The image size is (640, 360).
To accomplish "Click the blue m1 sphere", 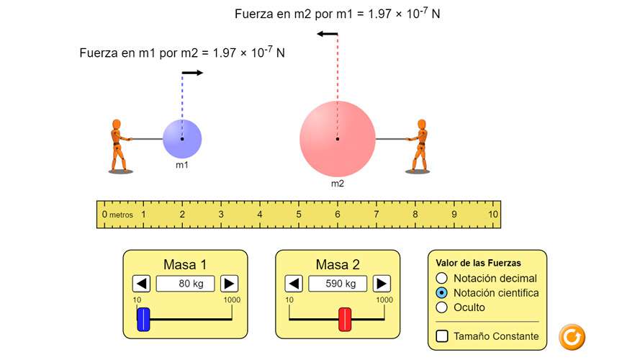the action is [x=182, y=139].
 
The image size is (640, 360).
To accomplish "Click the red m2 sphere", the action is [x=338, y=139].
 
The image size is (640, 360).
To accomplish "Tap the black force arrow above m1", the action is [x=192, y=73].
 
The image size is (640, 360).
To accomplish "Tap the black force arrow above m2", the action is [x=328, y=34].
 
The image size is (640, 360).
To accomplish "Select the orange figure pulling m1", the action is [x=120, y=145].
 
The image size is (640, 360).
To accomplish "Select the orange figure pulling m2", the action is [x=418, y=145].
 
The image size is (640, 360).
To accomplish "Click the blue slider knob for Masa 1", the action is [x=143, y=319].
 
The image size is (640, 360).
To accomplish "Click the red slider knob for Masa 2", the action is [x=345, y=319].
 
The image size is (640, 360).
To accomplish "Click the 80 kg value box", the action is [x=185, y=284].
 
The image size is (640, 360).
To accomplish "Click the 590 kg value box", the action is [x=338, y=284].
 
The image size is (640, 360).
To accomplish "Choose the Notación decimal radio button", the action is [x=441, y=279].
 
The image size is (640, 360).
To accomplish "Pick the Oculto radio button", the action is [x=441, y=307].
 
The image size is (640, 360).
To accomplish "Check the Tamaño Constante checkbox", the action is [x=442, y=336].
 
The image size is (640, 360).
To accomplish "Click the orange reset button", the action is [x=572, y=337].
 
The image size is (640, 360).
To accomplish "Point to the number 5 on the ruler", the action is [x=299, y=215].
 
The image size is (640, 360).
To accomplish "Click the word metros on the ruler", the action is [x=121, y=215].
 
